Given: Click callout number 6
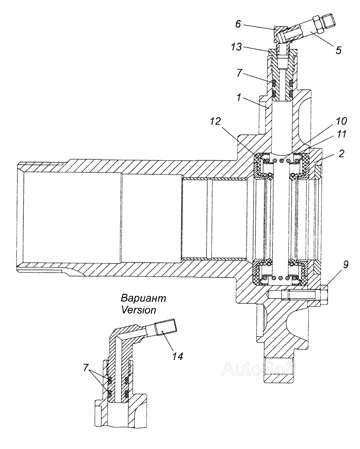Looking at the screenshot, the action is pos(238,24).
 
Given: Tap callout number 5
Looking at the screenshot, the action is pos(338,50).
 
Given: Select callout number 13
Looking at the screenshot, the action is pos(237,47).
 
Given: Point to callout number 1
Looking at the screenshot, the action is pos(238,98).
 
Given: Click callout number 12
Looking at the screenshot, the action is pos(215,122).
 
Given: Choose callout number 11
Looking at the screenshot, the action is pos(341,134).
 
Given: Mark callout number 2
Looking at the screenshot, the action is pos(341,154).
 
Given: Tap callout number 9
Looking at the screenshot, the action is pos(346,264).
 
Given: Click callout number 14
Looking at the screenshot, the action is pos(178,356).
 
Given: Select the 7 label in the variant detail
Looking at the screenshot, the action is pos(86,368).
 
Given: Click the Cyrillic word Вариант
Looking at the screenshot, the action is pos(143,298).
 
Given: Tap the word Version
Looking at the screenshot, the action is pos(139,309).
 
